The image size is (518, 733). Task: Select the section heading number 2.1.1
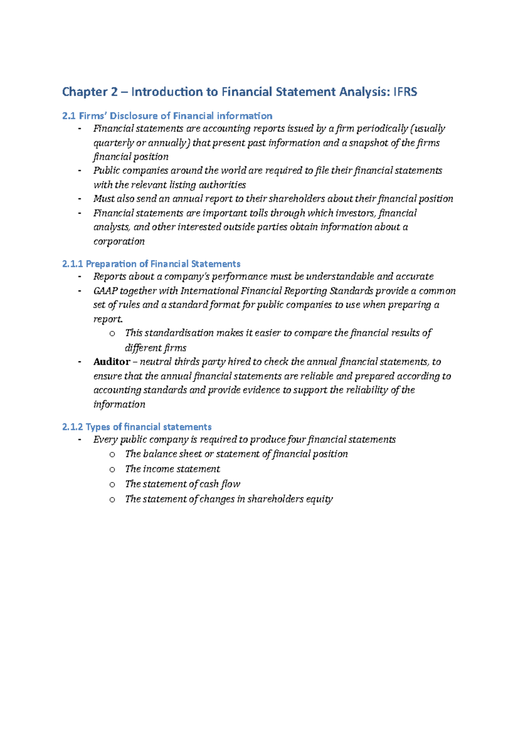(x=73, y=264)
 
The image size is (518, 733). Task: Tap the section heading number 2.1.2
(x=73, y=427)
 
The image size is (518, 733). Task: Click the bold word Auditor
(x=111, y=362)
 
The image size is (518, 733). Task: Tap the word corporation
(x=119, y=241)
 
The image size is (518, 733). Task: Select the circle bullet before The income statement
(x=112, y=470)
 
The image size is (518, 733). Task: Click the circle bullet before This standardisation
(x=112, y=334)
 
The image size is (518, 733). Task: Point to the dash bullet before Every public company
(x=79, y=440)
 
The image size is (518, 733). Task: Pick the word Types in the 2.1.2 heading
(x=98, y=427)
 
